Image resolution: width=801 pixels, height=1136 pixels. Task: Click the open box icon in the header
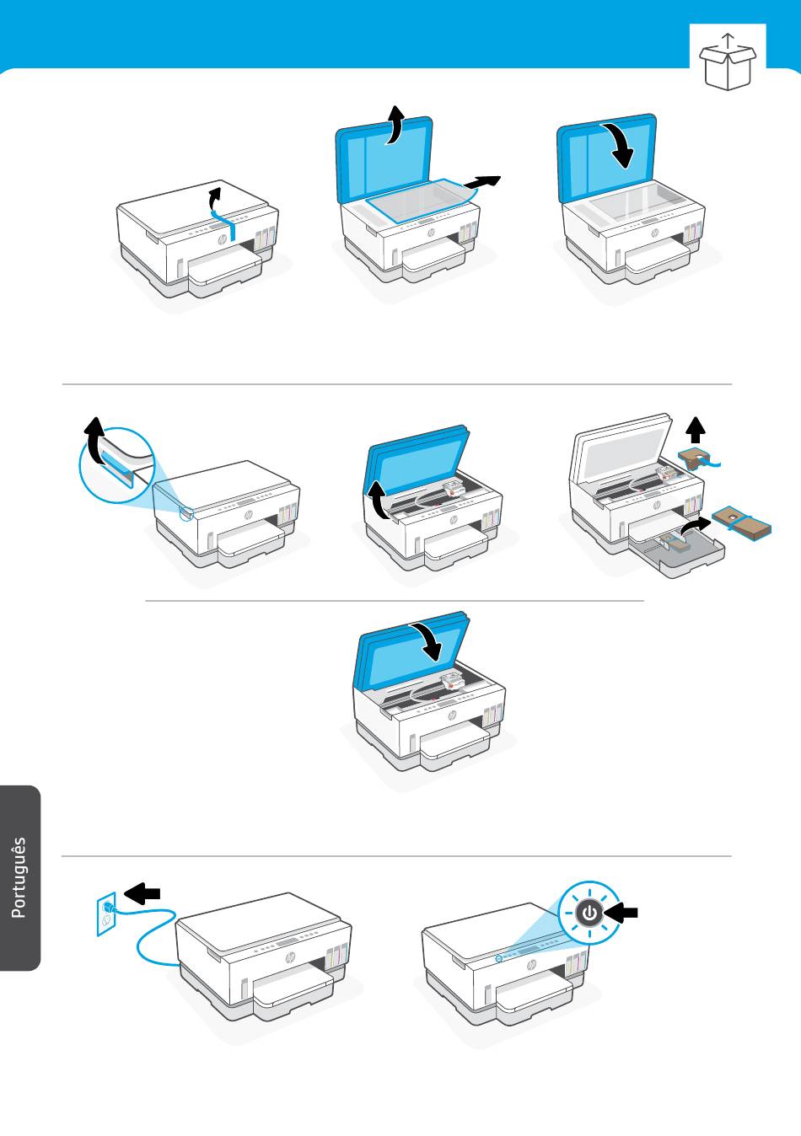728,62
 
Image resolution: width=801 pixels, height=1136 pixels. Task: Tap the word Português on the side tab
19,877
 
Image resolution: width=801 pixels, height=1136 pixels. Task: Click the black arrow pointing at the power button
621,914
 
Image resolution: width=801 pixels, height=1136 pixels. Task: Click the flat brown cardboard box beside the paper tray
741,522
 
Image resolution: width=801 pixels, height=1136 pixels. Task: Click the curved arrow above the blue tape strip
216,198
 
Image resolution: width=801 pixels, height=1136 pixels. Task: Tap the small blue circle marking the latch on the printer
186,514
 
